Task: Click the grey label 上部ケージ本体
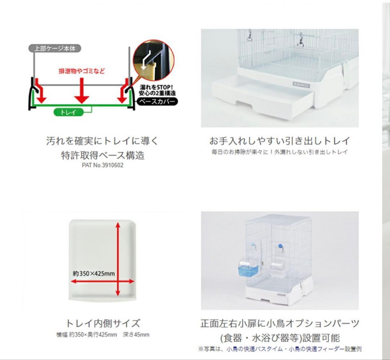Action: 55,48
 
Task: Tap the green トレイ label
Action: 68,112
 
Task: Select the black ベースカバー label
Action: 157,101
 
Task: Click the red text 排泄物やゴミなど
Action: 82,71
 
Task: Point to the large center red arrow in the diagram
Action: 82,91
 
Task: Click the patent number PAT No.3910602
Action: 103,165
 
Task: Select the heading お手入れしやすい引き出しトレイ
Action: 279,141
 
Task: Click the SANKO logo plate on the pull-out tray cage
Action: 301,85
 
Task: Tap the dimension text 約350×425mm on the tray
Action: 94,273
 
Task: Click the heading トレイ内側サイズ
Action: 103,323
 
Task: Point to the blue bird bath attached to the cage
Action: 248,269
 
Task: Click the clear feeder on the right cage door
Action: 278,269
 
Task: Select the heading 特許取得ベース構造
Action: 103,156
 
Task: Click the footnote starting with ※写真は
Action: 280,349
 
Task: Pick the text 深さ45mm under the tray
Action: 136,335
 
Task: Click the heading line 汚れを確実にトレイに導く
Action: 102,141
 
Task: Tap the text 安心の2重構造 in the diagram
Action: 157,93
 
